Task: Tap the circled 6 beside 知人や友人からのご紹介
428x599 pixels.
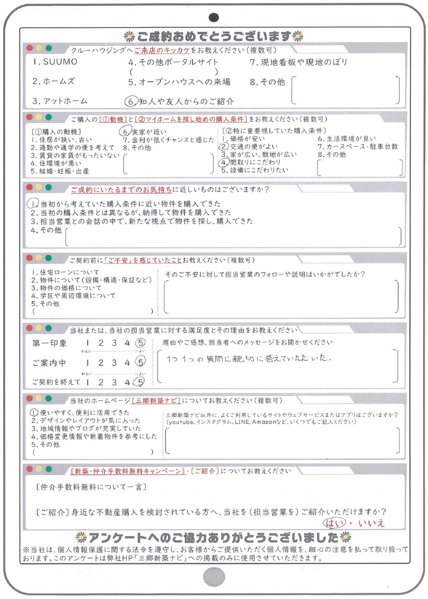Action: tap(129, 101)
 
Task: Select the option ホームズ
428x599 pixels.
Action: tap(53, 82)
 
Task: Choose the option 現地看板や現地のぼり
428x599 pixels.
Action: tap(298, 62)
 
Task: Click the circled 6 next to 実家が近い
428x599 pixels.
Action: tap(124, 132)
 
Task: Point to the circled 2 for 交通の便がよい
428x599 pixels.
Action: tap(223, 147)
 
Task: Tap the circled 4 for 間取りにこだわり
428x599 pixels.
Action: tap(224, 163)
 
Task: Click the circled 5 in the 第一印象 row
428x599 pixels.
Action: tap(139, 343)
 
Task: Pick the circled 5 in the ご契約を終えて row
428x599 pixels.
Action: tap(139, 382)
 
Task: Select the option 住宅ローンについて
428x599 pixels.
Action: tap(65, 272)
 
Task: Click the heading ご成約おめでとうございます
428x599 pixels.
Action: tap(214, 37)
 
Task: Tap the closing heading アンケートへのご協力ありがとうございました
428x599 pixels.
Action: tap(214, 537)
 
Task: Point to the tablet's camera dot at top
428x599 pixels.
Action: tap(214, 17)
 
